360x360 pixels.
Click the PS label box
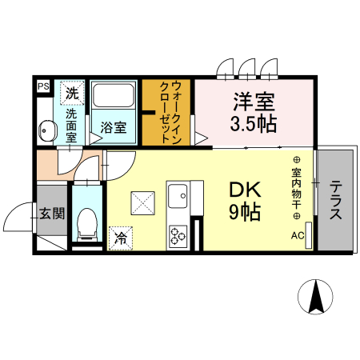point(43,86)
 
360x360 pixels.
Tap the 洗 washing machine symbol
point(72,93)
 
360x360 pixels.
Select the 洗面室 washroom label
point(70,125)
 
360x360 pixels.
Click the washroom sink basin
point(45,130)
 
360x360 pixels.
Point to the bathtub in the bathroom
point(113,97)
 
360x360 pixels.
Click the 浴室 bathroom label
point(113,127)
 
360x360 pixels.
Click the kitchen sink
point(178,195)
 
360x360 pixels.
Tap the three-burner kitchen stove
point(177,235)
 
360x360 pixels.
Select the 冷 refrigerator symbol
point(121,238)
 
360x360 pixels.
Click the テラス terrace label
point(335,202)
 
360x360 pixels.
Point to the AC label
point(297,235)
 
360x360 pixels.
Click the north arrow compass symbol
point(316,298)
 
